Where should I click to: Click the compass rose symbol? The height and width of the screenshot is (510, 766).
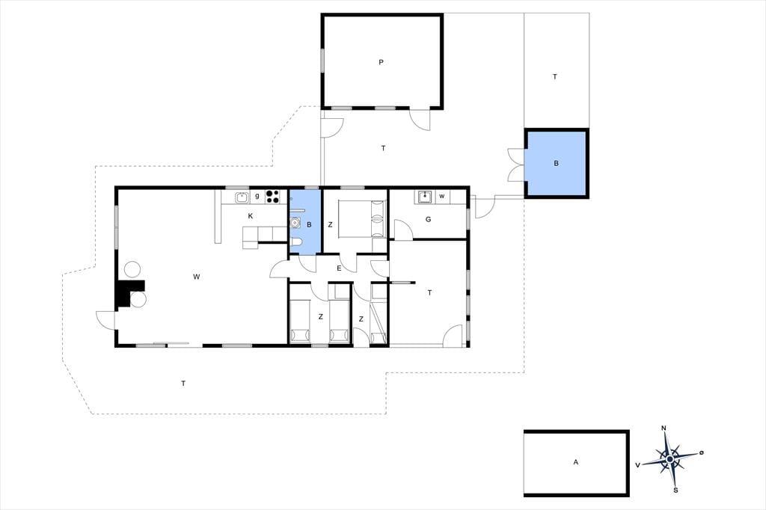point(670,459)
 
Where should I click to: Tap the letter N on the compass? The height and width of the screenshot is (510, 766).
point(664,428)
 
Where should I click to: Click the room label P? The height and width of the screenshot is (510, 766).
point(381,62)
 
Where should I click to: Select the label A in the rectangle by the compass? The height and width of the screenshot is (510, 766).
point(576,462)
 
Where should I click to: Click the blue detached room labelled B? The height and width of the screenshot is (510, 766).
point(557,164)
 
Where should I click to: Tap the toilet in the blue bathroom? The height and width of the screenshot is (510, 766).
point(296,244)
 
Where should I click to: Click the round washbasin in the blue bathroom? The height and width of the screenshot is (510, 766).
point(295,224)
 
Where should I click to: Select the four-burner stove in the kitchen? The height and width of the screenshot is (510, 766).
point(272,197)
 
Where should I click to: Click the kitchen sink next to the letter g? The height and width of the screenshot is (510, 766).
point(242,197)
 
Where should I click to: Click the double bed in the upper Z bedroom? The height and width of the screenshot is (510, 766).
point(361,219)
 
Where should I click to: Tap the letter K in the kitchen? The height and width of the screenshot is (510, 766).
point(251,216)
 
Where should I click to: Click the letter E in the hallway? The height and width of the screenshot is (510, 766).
point(339,268)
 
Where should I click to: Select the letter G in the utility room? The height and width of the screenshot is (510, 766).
point(429,219)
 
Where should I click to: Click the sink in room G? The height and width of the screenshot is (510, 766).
point(426,197)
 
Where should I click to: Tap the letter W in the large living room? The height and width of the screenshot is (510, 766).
point(197,277)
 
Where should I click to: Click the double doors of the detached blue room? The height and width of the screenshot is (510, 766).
point(515,164)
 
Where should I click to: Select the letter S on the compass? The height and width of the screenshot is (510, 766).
point(675,490)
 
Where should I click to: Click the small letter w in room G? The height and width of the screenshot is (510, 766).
point(442,197)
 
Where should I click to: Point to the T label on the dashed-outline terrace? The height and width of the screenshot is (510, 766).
point(183,384)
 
